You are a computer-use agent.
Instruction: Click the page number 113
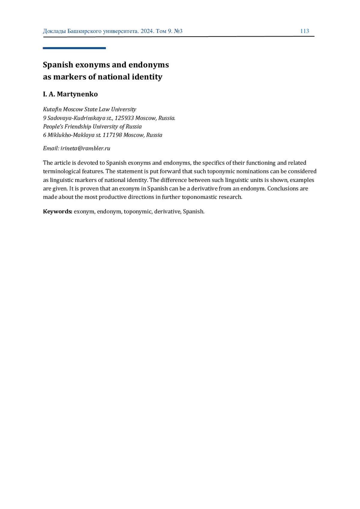[304, 31]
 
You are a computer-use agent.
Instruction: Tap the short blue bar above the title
[74, 48]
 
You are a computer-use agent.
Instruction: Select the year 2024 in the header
[147, 31]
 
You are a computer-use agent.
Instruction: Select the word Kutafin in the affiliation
[52, 109]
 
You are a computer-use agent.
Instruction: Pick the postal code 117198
[112, 135]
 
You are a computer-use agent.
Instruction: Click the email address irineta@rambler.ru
[85, 148]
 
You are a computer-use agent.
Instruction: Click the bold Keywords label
[57, 212]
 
